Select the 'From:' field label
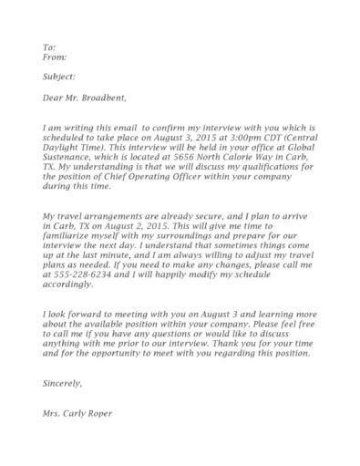click(x=54, y=57)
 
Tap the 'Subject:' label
click(x=58, y=78)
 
